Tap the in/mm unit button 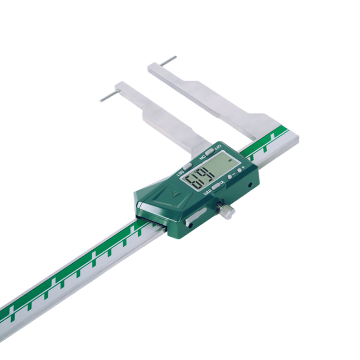click(x=217, y=185)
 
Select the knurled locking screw click(x=225, y=210)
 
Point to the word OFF click(x=217, y=147)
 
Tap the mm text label click(x=209, y=193)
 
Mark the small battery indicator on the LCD click(x=230, y=161)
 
